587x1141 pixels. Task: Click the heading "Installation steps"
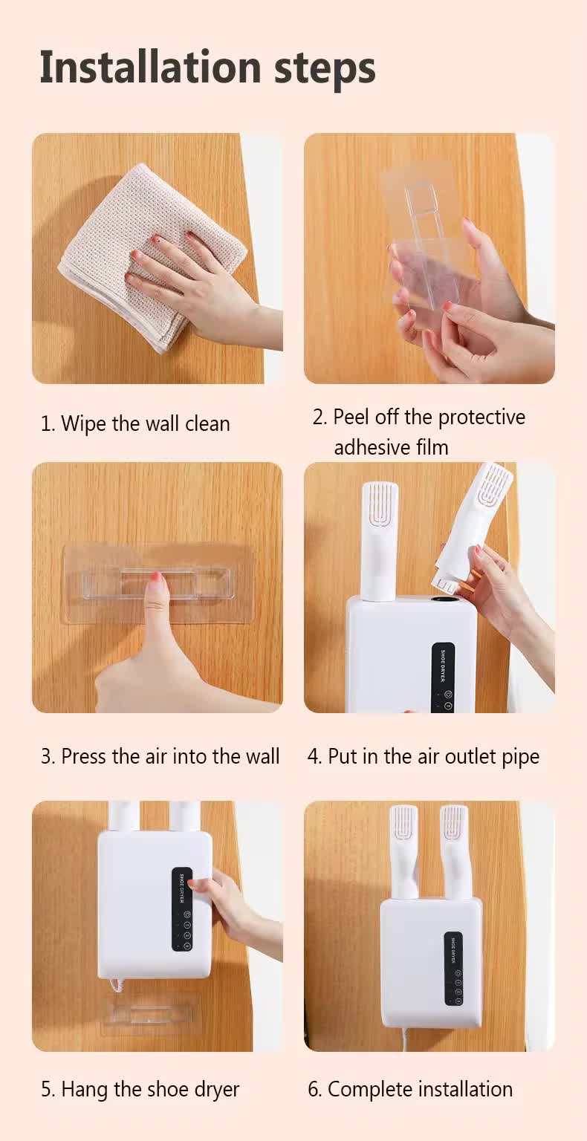click(x=207, y=66)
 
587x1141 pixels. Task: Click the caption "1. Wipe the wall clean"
click(x=134, y=423)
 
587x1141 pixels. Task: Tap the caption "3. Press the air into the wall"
click(x=160, y=756)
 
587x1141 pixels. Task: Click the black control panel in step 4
click(x=443, y=676)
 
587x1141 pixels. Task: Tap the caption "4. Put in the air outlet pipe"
click(x=423, y=756)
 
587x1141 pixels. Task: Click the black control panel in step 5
click(x=182, y=908)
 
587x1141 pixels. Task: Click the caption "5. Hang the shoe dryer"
click(x=140, y=1089)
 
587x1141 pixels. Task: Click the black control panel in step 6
click(x=453, y=969)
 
